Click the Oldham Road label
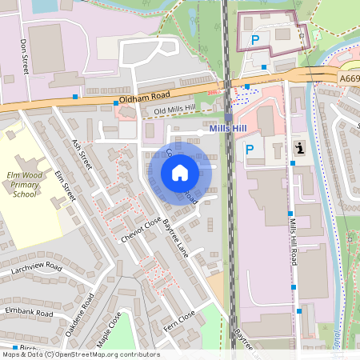tap(141, 98)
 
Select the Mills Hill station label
tap(229, 128)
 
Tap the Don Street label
tap(25, 58)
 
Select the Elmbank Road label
tap(29, 312)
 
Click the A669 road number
tap(348, 78)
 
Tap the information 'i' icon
tap(299, 148)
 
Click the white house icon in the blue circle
tap(180, 172)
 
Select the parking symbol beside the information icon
tap(250, 149)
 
